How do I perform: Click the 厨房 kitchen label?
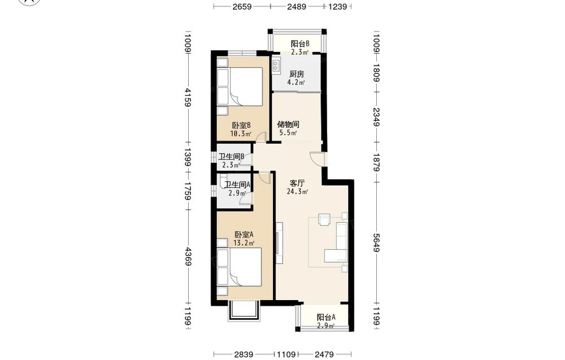pos(297,74)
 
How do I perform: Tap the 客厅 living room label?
pos(297,183)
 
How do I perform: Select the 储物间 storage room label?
pos(288,124)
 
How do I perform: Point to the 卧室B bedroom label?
pos(241,125)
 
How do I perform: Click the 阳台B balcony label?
pos(300,44)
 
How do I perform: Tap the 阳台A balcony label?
pos(326,318)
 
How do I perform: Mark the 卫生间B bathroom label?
pos(231,157)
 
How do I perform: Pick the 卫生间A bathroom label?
pos(237,185)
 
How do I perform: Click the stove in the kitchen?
pos(276,65)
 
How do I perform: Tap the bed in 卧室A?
pos(239,267)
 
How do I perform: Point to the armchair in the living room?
pos(324,219)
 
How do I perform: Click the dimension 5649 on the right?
pos(376,243)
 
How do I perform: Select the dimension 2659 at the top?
pos(242,6)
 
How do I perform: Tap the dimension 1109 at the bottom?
pos(286,354)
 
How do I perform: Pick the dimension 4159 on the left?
pos(188,97)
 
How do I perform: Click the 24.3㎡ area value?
pos(297,192)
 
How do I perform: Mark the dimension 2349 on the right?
pos(376,117)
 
